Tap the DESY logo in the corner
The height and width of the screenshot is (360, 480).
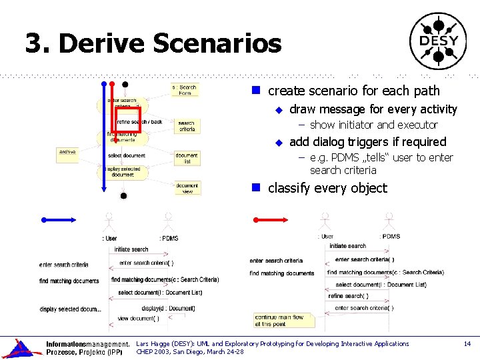tap(438, 41)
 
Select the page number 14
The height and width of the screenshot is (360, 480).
tap(467, 343)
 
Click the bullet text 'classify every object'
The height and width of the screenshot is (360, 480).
tap(327, 188)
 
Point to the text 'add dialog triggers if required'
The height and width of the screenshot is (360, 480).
tap(367, 141)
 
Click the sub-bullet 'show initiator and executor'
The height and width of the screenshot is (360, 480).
tap(373, 125)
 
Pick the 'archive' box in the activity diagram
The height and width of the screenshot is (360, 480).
tap(67, 153)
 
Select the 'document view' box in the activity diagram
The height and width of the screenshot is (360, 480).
tap(187, 188)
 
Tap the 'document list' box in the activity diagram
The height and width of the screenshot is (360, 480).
tap(187, 158)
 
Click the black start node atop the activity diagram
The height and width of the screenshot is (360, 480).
tap(125, 85)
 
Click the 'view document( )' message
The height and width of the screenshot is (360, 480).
tap(138, 318)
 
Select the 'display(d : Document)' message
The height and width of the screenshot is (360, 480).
tap(168, 308)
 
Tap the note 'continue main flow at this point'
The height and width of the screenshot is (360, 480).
tap(279, 321)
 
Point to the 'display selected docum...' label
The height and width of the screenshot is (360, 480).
tap(70, 309)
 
